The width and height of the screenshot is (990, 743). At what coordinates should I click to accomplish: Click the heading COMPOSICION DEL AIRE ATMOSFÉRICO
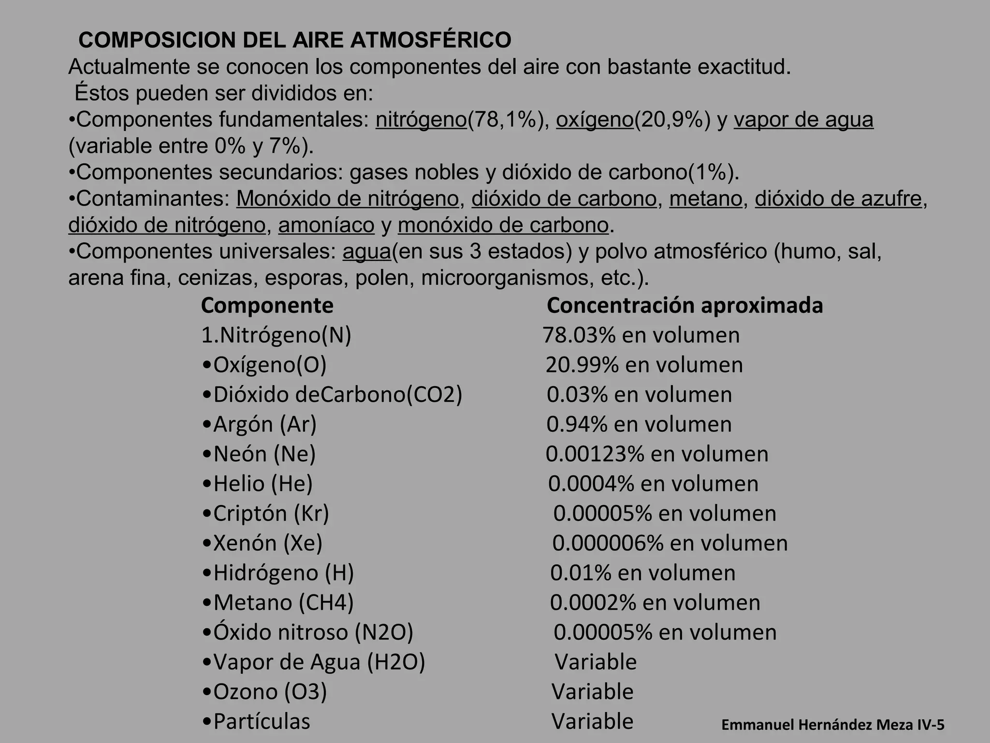click(294, 40)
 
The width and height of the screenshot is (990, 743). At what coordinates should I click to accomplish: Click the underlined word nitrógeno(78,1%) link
click(421, 120)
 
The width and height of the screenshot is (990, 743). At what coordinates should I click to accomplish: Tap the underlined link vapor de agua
click(803, 120)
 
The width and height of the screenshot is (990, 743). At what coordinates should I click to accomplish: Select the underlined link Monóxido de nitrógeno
click(347, 199)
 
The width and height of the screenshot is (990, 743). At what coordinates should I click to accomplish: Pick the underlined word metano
click(705, 199)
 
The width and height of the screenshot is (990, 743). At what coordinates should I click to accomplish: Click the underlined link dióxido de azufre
click(838, 199)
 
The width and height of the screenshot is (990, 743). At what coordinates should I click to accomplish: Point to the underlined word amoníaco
click(326, 225)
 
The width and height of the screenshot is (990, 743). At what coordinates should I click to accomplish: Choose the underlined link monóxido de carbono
click(503, 225)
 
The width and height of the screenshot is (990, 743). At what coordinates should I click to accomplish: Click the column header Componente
click(267, 306)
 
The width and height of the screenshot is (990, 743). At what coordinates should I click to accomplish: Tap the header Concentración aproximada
click(684, 306)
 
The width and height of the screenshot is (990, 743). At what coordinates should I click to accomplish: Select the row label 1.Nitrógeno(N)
click(276, 335)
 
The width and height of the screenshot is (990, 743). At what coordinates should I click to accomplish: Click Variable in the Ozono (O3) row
click(592, 692)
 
